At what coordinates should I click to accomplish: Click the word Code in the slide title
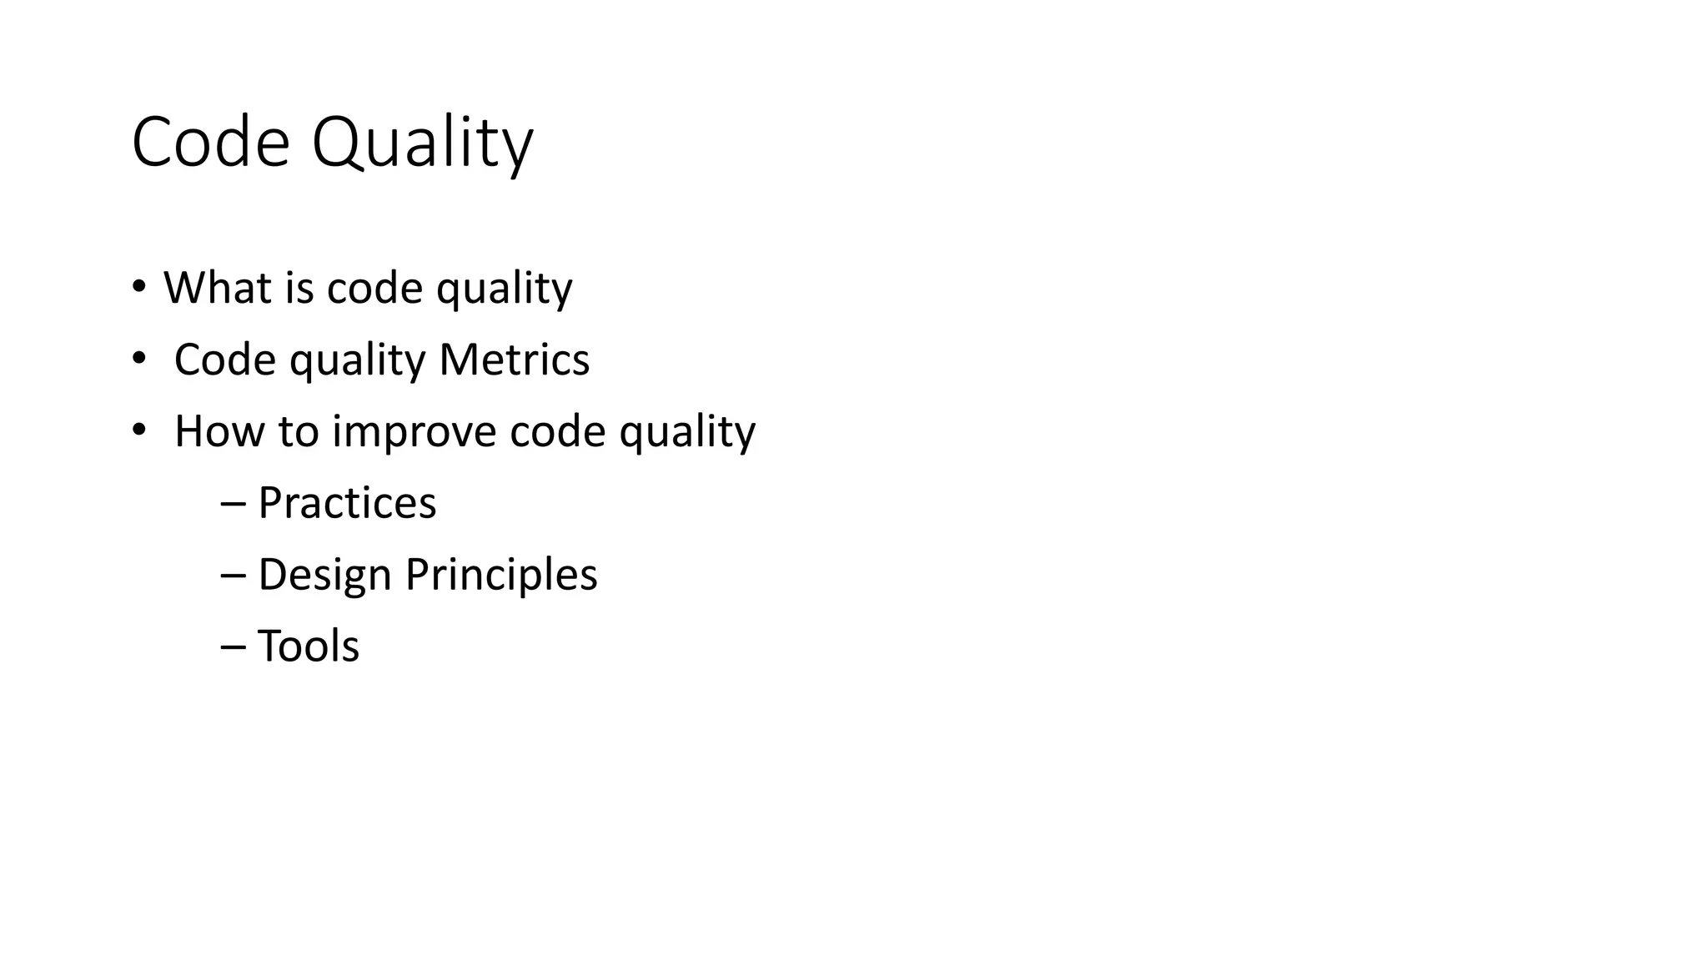(x=210, y=143)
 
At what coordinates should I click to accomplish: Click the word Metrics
(x=514, y=360)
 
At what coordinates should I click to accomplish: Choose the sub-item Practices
(x=347, y=503)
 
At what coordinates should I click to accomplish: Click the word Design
(x=324, y=575)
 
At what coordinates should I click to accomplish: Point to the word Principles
(x=501, y=575)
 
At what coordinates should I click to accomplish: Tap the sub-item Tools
(x=309, y=647)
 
